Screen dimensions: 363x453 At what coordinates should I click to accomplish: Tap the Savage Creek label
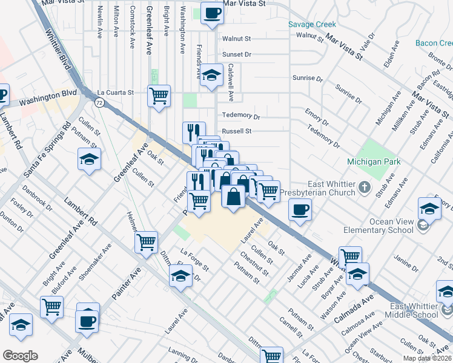[311, 25]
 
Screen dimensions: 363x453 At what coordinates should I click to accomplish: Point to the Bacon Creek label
[434, 43]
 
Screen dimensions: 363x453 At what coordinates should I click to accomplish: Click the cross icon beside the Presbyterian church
[365, 187]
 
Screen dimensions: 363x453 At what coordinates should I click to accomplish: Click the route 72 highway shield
[98, 103]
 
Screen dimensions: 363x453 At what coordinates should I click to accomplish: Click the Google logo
[20, 355]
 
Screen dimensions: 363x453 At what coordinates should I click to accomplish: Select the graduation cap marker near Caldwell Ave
[211, 76]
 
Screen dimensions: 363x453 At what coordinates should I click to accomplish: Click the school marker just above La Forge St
[181, 276]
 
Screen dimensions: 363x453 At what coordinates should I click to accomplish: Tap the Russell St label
[236, 131]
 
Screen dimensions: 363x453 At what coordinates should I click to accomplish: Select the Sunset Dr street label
[236, 54]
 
